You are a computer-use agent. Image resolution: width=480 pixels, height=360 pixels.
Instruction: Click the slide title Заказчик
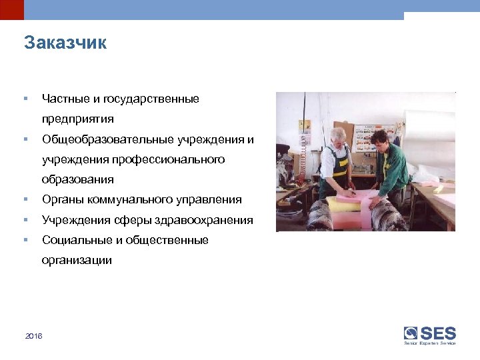coord(65,43)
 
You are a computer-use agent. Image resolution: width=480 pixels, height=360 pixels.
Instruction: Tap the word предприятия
coord(77,119)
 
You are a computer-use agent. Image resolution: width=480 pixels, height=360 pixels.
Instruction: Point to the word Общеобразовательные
coord(108,139)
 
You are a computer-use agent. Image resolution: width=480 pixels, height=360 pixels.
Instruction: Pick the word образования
coord(77,179)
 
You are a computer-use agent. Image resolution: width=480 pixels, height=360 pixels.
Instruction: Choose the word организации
coord(77,260)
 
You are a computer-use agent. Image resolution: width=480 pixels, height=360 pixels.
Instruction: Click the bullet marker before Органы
coord(25,199)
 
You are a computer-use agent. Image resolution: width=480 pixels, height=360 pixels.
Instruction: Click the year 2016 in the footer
coord(33,335)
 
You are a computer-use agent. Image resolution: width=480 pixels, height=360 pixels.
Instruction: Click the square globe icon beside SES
coord(411,333)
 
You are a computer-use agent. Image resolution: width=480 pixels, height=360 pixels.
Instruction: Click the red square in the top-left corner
coord(11,9)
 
